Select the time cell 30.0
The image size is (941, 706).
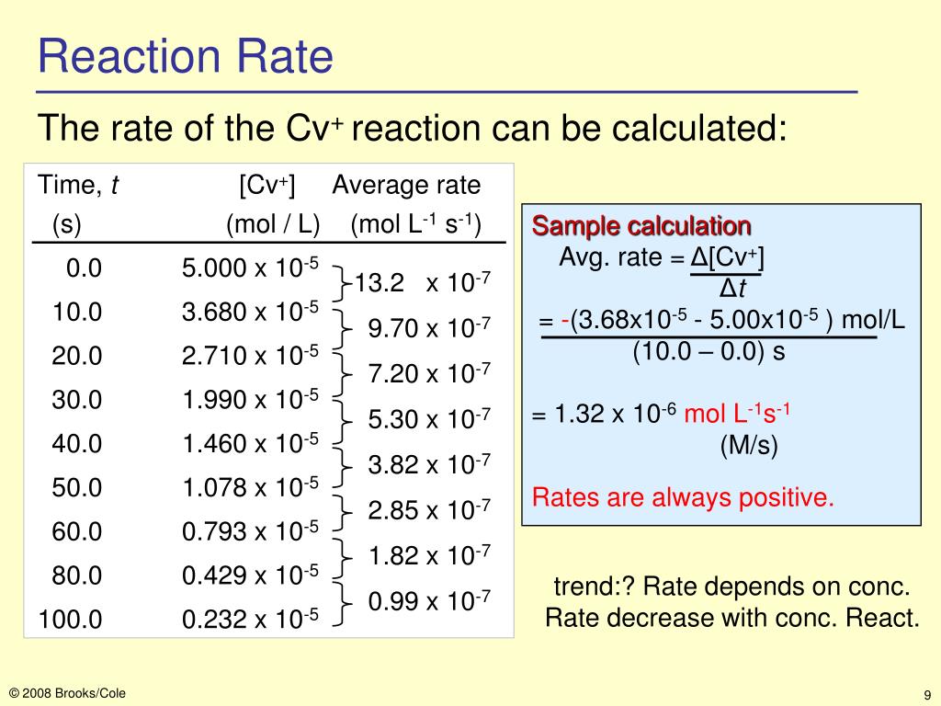point(77,400)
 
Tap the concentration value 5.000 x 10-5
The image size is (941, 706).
point(250,268)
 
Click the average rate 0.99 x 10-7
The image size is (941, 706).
point(429,602)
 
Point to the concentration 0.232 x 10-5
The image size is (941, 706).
point(250,620)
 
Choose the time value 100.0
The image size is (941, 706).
point(70,620)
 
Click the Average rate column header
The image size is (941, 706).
point(406,186)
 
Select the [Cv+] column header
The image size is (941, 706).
point(266,186)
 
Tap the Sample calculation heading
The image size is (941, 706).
point(642,226)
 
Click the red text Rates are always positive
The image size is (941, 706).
point(683,498)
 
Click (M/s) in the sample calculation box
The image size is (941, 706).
point(748,447)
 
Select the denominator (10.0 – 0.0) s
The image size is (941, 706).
point(708,352)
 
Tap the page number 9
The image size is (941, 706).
point(928,694)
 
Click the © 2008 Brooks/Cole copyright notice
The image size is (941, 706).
point(67,693)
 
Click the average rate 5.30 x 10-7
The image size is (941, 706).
point(429,420)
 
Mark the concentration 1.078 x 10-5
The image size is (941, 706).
point(250,487)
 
